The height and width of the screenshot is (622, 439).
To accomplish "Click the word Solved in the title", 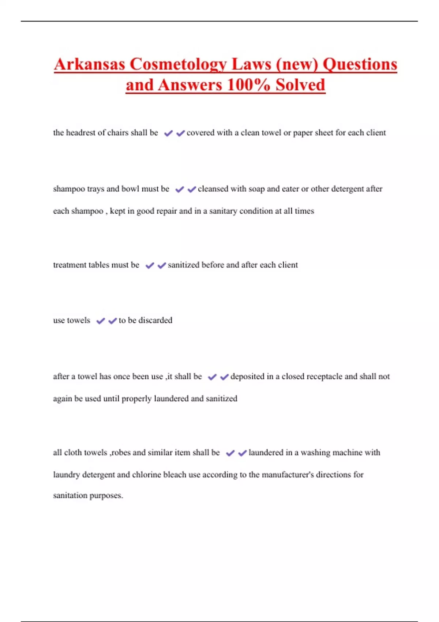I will [300, 85].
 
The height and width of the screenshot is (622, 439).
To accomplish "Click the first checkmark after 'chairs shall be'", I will [168, 133].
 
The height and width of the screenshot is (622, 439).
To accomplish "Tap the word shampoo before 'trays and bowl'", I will [69, 189].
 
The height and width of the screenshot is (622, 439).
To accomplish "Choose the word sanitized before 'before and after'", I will [183, 265].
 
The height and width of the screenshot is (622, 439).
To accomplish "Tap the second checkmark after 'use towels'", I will [112, 321].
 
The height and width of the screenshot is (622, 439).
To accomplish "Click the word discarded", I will [155, 320].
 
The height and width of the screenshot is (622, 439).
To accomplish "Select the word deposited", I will [248, 376].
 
